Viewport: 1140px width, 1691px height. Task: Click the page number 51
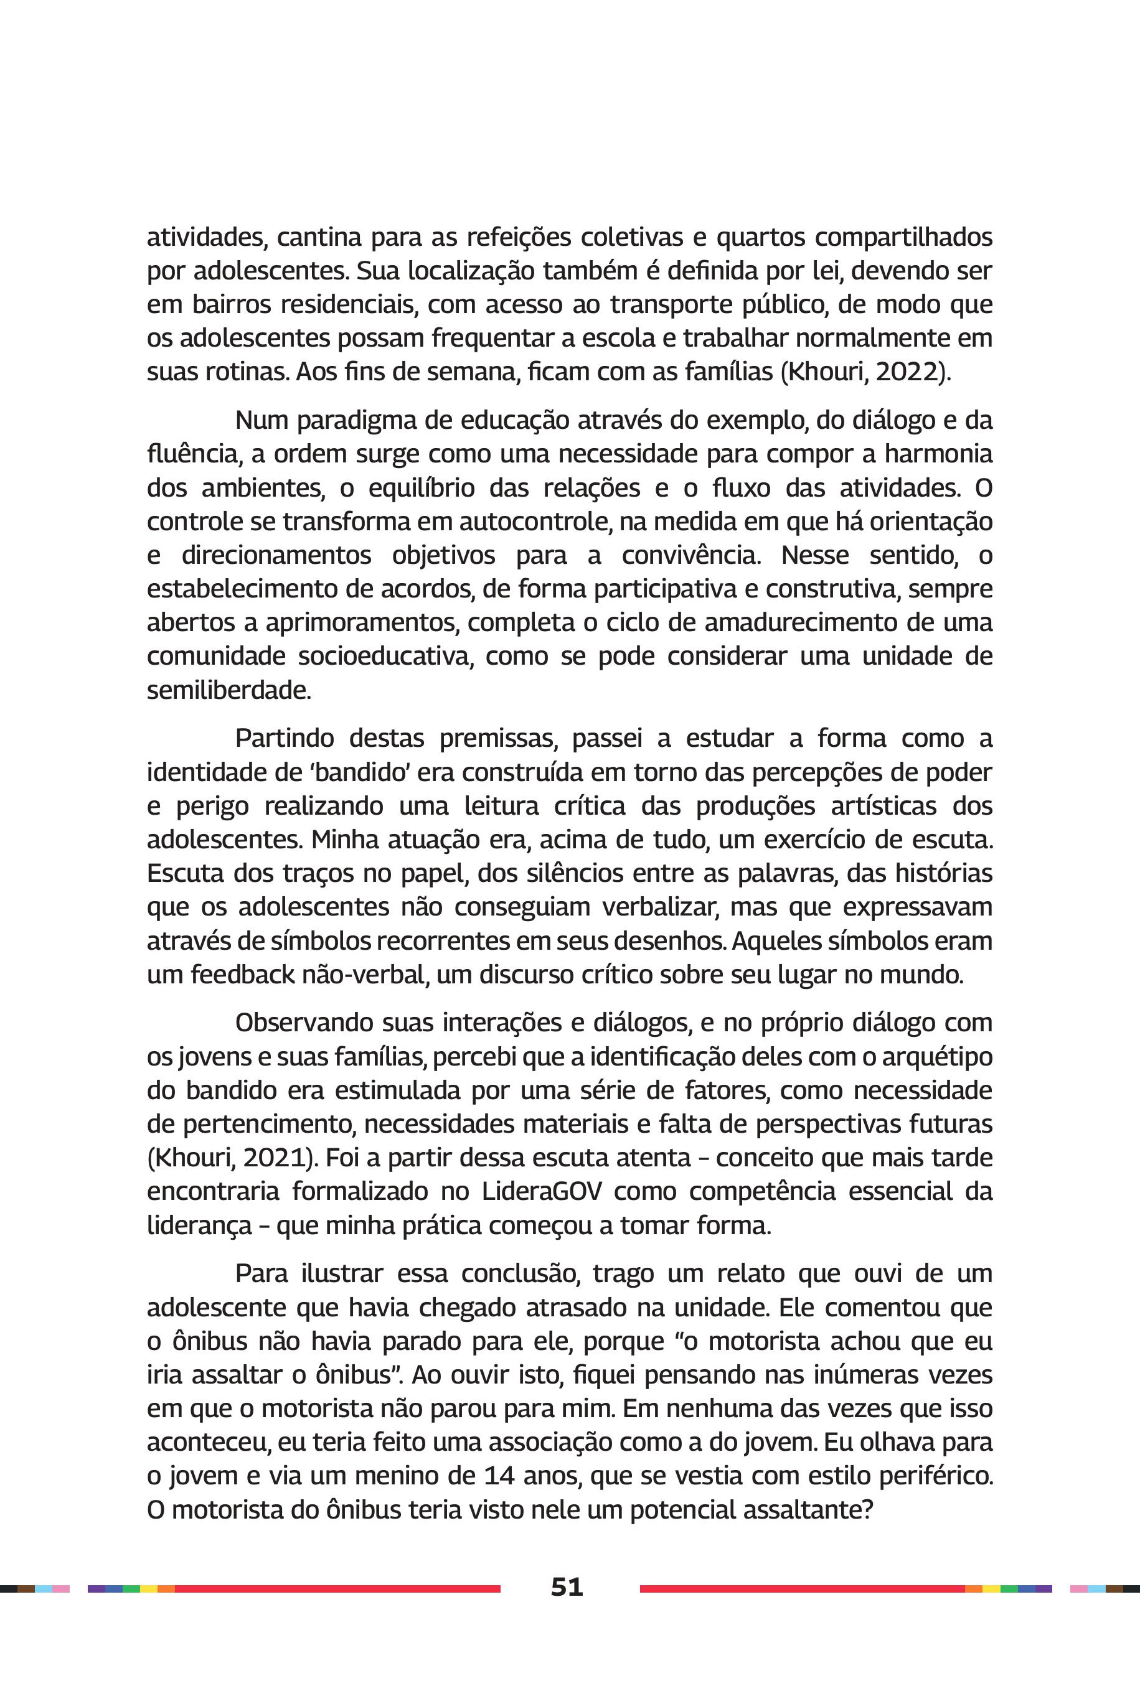pyautogui.click(x=567, y=1586)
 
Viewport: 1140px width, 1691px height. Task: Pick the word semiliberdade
pyautogui.click(x=229, y=690)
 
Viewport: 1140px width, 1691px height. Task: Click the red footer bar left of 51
pyautogui.click(x=337, y=1588)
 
